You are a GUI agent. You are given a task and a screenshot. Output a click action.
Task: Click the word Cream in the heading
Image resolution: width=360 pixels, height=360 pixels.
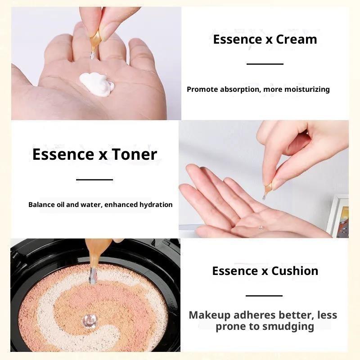click(297, 40)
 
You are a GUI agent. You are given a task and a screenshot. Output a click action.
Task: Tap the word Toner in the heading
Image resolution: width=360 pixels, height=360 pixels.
click(134, 154)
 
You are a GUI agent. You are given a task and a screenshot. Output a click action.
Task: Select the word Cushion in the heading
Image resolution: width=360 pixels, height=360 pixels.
click(295, 271)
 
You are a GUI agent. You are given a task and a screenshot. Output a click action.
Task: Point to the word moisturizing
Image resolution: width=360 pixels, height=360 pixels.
click(307, 89)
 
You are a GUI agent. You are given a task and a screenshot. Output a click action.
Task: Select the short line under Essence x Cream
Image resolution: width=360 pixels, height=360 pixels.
click(265, 64)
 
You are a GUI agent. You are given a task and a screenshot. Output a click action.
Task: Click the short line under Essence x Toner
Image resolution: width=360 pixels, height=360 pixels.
click(94, 179)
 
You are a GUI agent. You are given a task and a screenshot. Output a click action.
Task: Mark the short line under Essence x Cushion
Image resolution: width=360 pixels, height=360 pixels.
click(264, 296)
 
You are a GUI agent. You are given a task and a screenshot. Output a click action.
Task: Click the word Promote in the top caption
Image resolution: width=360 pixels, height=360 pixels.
click(202, 89)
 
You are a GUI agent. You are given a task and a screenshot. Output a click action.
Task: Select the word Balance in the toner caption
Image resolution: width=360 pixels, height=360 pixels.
click(42, 205)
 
